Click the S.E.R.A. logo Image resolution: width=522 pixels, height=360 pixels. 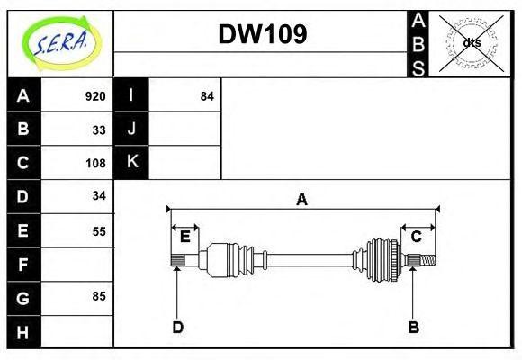pos(59,40)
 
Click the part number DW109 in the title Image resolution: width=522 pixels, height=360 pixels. pos(263,34)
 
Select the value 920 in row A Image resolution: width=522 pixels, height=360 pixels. pos(94,96)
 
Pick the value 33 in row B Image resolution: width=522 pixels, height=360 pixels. pos(99,130)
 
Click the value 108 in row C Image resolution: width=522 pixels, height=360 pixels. pos(94,163)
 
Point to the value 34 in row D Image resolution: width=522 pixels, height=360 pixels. pos(99,195)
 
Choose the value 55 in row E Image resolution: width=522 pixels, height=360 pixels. pos(99,230)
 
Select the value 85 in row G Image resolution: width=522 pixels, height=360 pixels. pos(99,295)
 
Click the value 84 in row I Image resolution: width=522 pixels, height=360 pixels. pos(207,96)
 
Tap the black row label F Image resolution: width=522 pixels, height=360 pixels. pos(23,265)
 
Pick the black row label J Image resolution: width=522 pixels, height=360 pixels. pos(131,129)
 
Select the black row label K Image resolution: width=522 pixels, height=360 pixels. pos(131,162)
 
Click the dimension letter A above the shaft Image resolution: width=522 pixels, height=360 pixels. pos(302,200)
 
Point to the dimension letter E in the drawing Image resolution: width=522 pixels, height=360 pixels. pos(184,237)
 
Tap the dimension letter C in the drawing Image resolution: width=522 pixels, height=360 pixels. pos(417,237)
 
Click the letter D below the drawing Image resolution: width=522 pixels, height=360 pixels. pos(177,328)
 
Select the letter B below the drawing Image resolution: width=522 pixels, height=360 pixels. pos(413,328)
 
